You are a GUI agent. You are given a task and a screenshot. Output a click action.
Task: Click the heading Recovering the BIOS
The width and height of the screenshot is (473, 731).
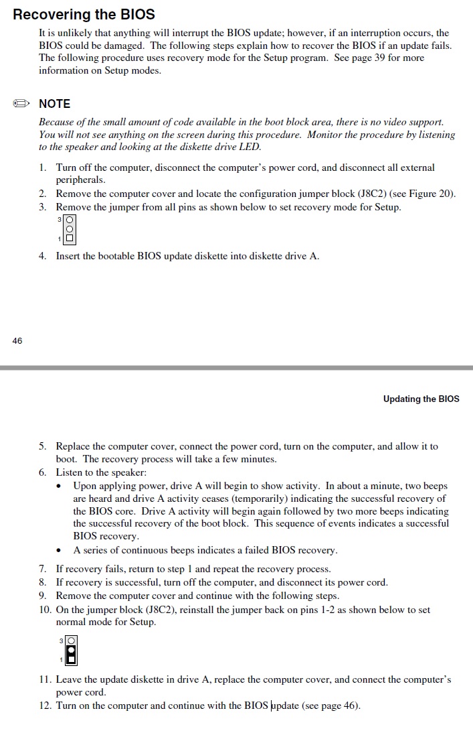(84, 14)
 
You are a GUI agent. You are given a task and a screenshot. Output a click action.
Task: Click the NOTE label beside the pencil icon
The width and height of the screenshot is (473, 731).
(54, 104)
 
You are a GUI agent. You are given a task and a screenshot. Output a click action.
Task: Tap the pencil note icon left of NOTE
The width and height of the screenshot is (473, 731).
(21, 104)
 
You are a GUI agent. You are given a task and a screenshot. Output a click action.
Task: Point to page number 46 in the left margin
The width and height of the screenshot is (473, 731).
(17, 340)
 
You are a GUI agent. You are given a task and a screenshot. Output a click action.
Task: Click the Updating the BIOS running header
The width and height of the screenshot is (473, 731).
(421, 399)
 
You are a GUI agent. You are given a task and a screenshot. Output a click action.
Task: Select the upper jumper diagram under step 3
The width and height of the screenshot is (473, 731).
(70, 229)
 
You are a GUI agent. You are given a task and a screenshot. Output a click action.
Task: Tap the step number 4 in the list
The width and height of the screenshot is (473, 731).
(42, 256)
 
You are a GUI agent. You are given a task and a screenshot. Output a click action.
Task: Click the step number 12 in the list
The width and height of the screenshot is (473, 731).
(44, 706)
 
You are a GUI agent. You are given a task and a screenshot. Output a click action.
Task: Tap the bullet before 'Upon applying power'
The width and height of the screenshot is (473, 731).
(60, 486)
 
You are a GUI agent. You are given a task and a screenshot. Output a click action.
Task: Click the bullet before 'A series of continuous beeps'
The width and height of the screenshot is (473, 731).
(60, 551)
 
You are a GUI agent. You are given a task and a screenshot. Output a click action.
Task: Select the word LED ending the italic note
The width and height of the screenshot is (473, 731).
(251, 147)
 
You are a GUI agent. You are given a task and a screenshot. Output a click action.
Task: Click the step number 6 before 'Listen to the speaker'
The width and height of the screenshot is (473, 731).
(42, 472)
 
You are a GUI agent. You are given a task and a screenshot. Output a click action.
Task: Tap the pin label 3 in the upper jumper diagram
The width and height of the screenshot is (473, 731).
(60, 220)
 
